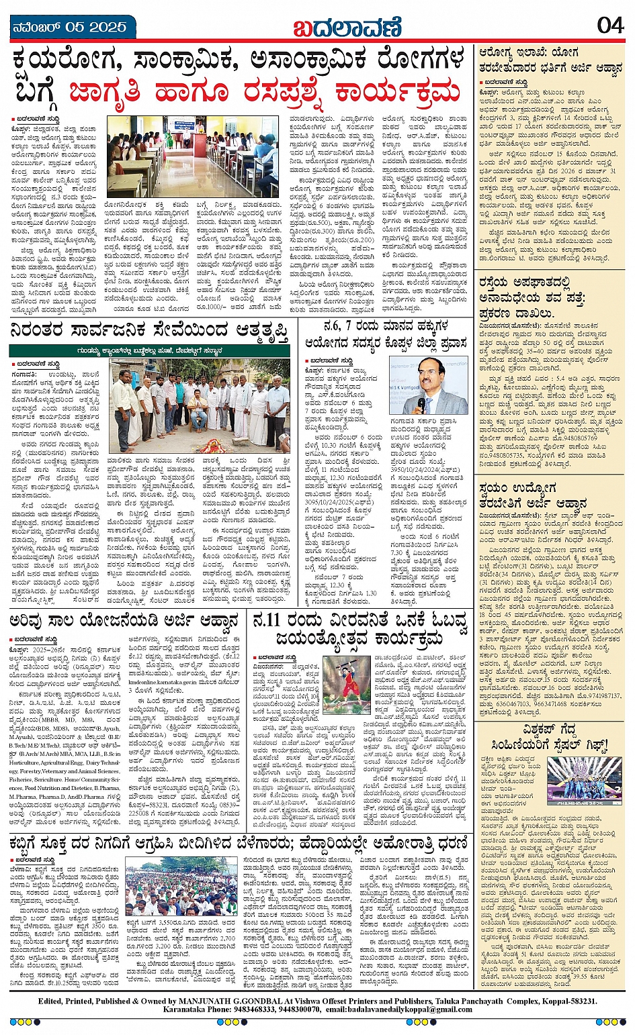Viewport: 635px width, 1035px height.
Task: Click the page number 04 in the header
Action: click(x=609, y=25)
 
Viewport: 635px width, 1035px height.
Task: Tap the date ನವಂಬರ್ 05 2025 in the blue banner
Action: click(x=69, y=28)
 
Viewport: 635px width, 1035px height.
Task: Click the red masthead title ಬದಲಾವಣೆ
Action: click(x=347, y=28)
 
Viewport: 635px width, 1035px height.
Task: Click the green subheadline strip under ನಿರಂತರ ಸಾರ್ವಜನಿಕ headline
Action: click(x=150, y=351)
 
